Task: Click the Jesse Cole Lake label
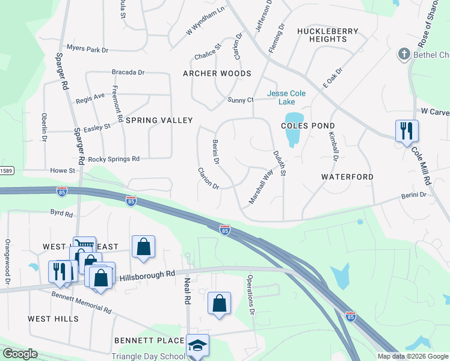click(286, 97)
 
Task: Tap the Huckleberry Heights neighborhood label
click(327, 35)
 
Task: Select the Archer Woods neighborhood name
click(217, 73)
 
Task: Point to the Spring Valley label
click(159, 120)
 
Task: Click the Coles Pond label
click(307, 126)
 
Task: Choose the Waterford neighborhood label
click(347, 177)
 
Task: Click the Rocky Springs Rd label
click(114, 159)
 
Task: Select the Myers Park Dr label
click(88, 48)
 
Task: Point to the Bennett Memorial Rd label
click(81, 301)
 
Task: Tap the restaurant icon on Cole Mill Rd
click(407, 131)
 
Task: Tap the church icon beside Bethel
click(404, 55)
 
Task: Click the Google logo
click(20, 354)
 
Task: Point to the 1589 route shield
click(5, 170)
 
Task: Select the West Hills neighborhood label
click(54, 318)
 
